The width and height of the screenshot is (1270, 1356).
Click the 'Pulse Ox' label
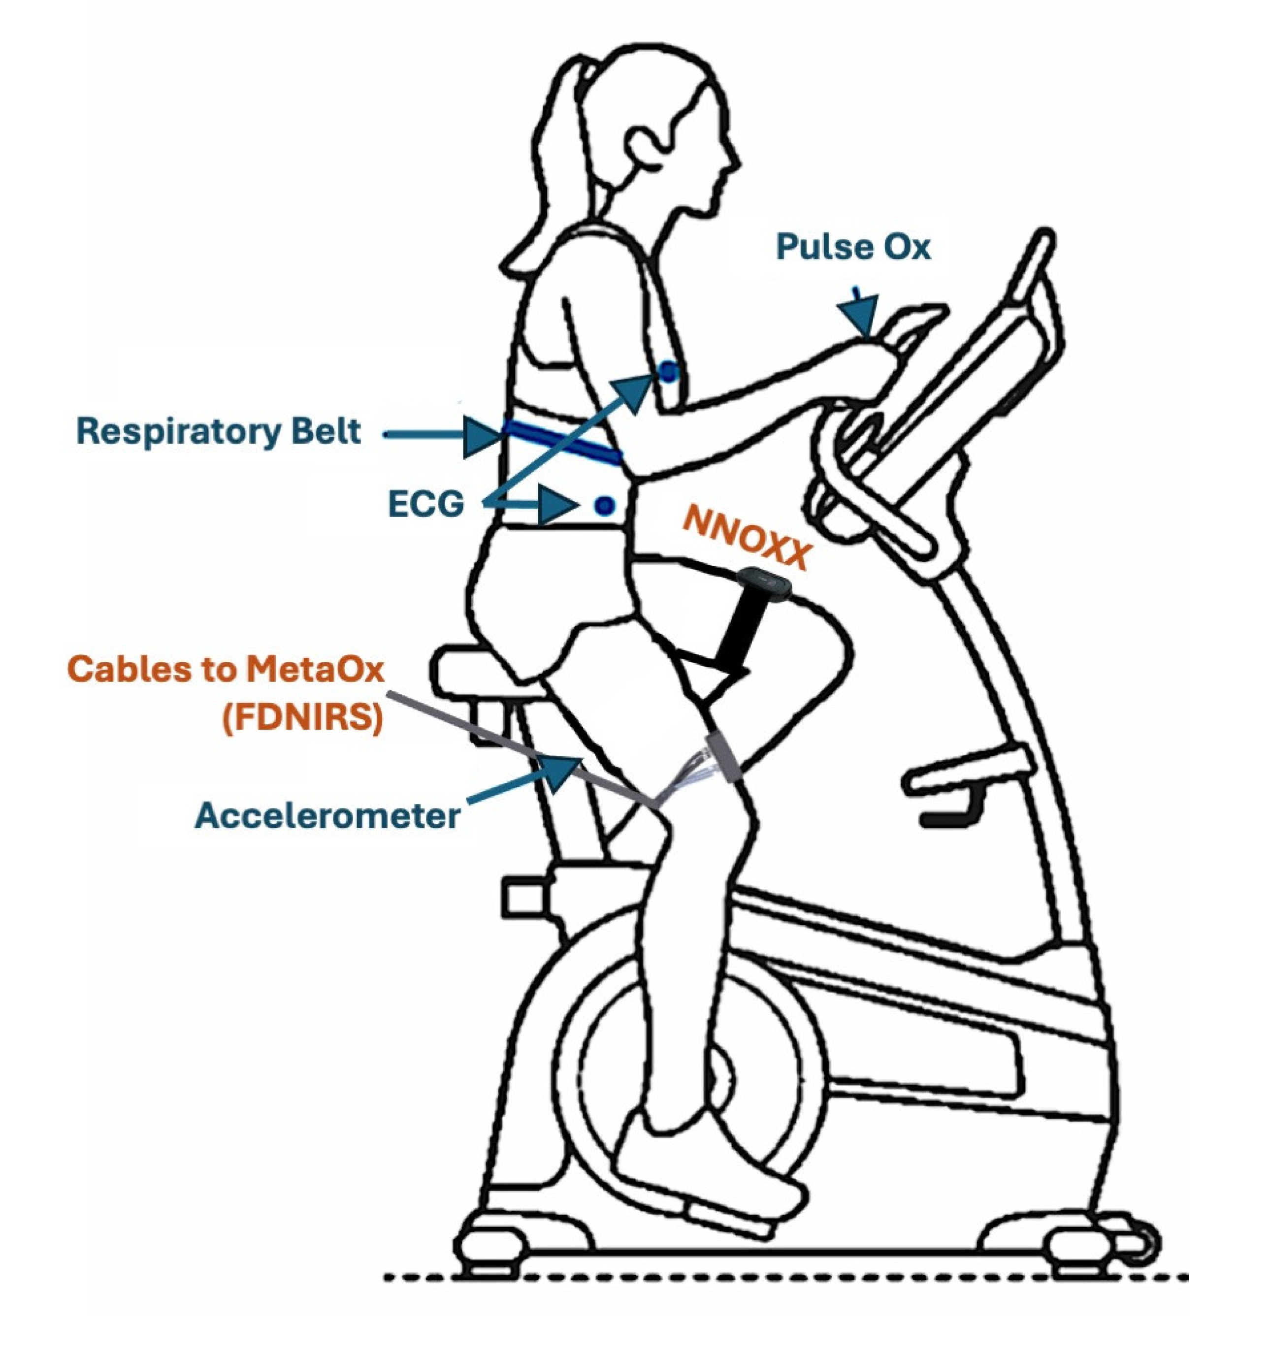coord(852,247)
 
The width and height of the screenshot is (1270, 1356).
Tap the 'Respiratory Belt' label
coord(218,432)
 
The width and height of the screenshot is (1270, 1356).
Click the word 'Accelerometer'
coord(327,816)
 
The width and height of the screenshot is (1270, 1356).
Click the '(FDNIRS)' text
coord(303,721)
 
